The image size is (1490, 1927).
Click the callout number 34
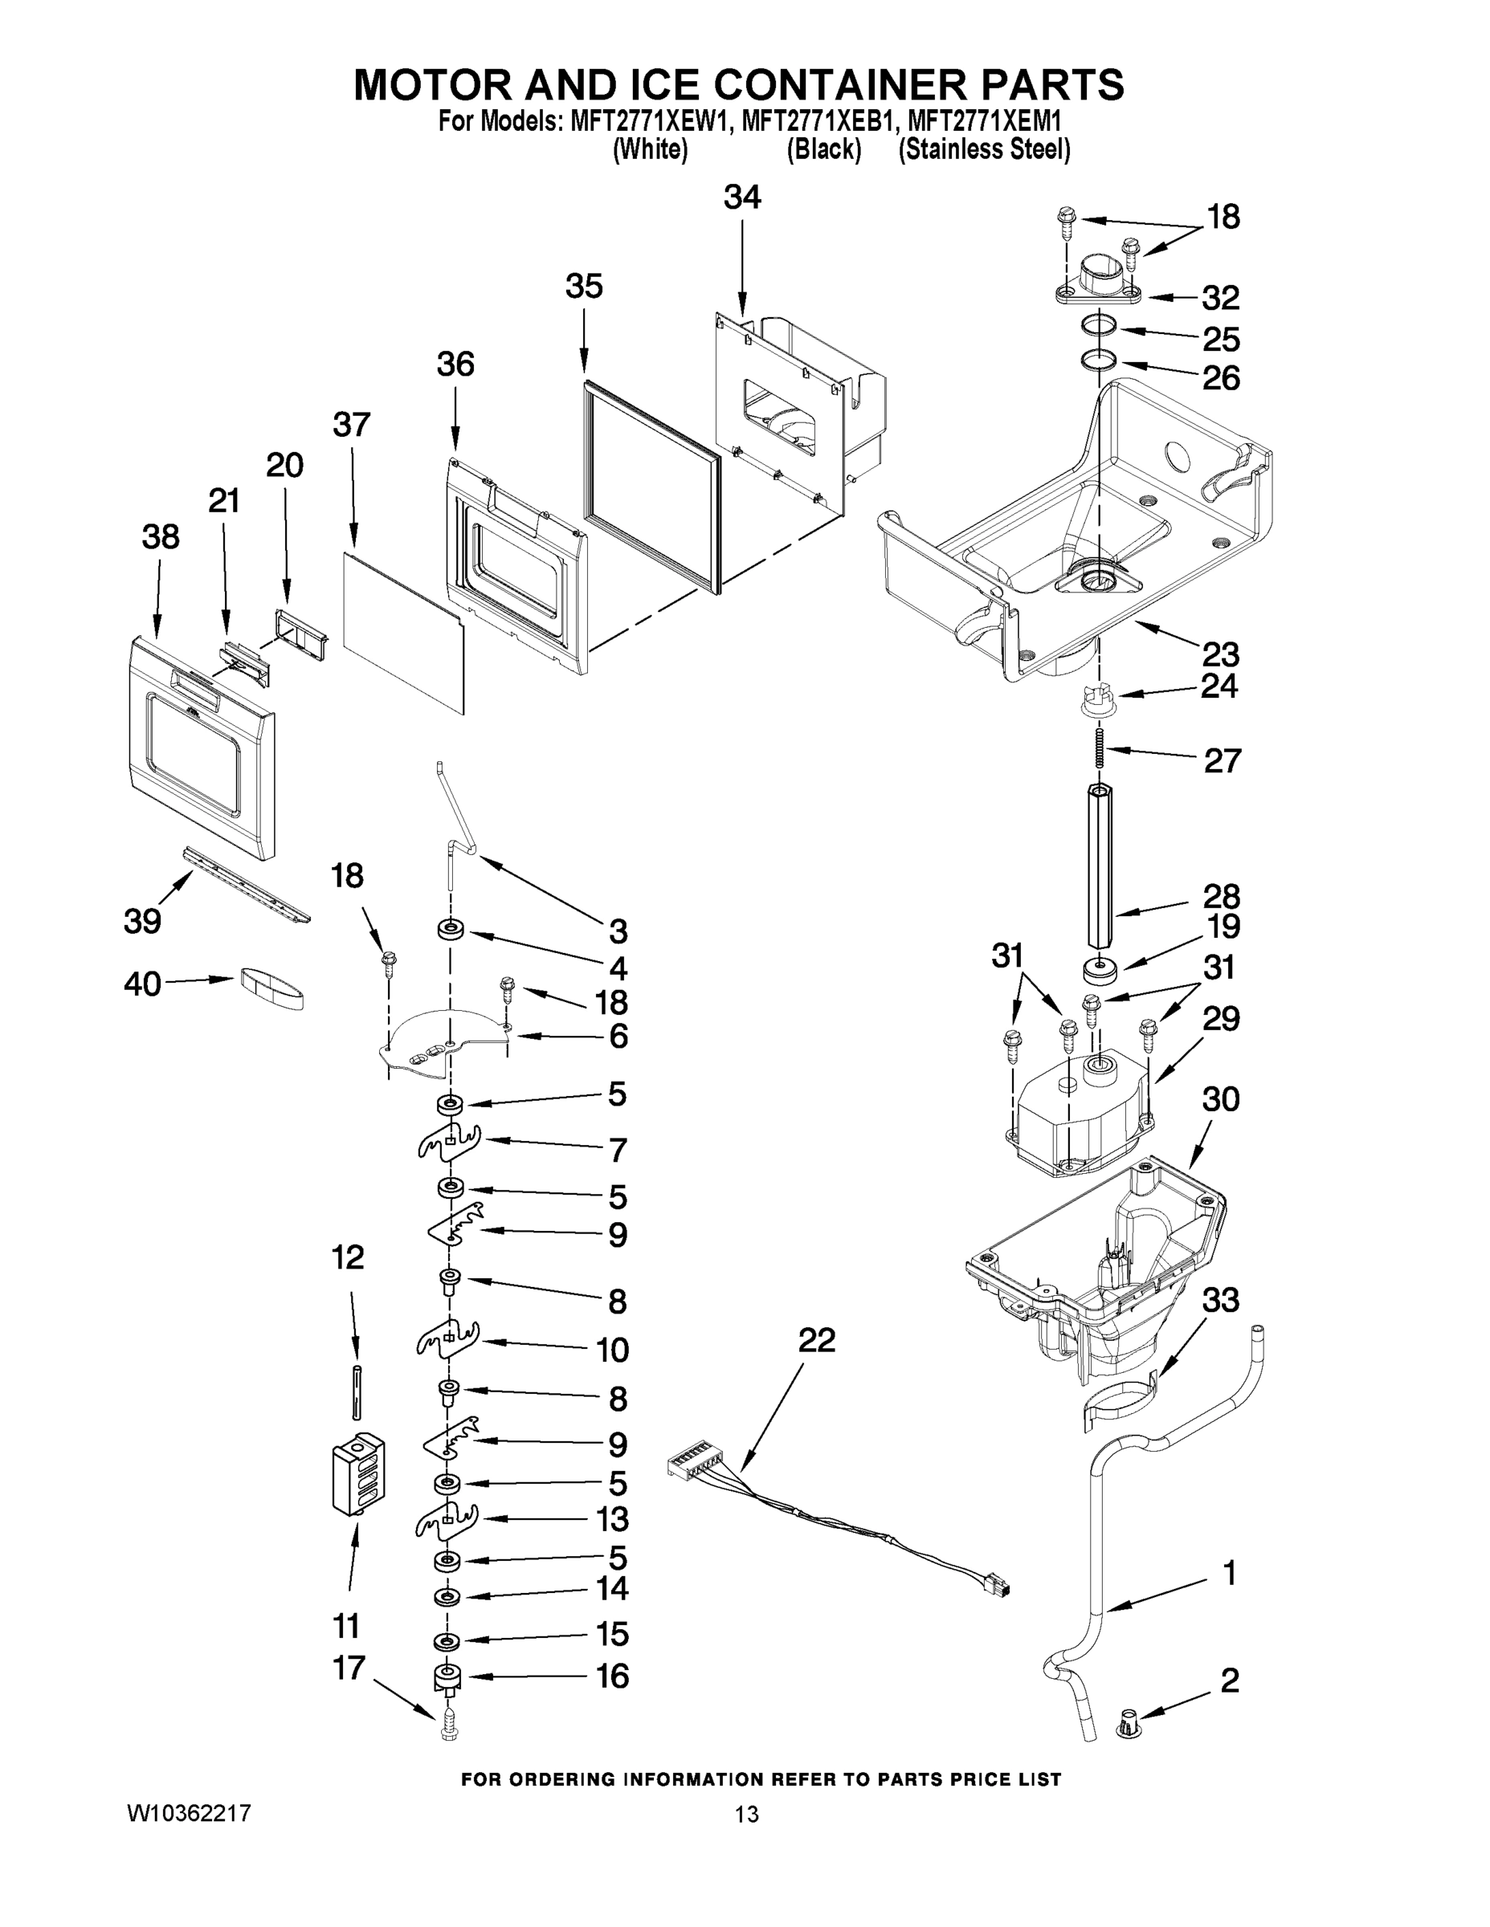pyautogui.click(x=741, y=198)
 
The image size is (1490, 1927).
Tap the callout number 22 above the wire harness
pyautogui.click(x=817, y=1340)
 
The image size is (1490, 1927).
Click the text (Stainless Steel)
pyautogui.click(x=983, y=150)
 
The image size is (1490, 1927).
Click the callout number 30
pyautogui.click(x=1220, y=1099)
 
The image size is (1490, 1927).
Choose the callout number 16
pyautogui.click(x=613, y=1676)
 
